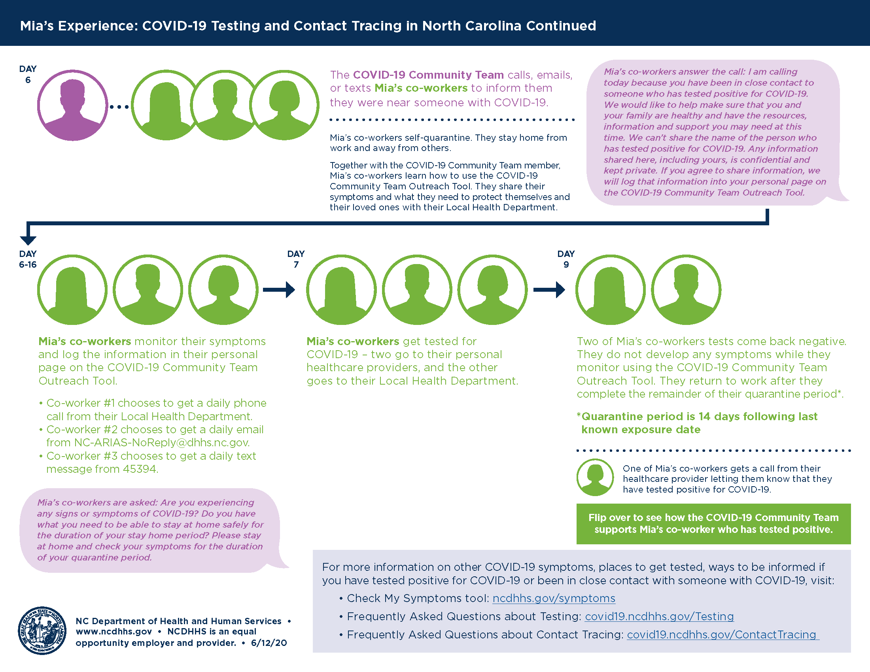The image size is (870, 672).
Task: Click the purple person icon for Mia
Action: tap(72, 105)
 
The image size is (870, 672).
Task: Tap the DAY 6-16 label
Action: tap(28, 259)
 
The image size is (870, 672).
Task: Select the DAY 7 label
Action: tap(295, 259)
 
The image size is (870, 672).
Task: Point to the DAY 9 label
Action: tap(565, 259)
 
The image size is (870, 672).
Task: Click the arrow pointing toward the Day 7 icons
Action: tap(279, 289)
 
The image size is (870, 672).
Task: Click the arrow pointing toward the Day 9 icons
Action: tap(549, 289)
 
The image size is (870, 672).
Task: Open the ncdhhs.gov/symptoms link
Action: tap(554, 598)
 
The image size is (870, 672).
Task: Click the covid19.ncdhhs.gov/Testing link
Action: tap(659, 616)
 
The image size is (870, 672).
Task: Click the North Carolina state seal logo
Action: tap(42, 630)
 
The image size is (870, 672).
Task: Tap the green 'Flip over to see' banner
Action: tap(713, 523)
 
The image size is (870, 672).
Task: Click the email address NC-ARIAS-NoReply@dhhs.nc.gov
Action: tap(162, 443)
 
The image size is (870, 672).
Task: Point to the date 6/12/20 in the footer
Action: tap(269, 643)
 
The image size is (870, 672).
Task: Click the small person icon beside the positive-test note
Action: tap(595, 478)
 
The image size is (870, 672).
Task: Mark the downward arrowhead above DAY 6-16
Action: tap(28, 240)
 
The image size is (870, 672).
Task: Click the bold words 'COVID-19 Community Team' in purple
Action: tap(428, 75)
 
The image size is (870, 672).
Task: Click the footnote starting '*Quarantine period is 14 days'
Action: tap(697, 423)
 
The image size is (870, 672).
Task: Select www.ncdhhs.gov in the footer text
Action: tap(114, 632)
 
